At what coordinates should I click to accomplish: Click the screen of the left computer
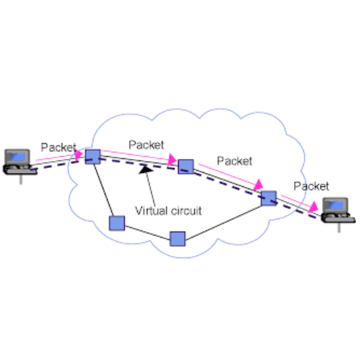(18, 157)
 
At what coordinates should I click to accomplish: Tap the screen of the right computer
(336, 205)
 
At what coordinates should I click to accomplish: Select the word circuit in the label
(186, 211)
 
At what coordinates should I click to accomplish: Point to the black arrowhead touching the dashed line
(146, 169)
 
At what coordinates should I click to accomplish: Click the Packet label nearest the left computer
(58, 148)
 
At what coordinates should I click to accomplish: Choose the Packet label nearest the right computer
(311, 186)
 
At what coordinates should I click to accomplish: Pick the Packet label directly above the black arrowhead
(146, 145)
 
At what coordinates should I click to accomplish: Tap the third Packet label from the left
(235, 161)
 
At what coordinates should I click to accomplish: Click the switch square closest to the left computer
(93, 157)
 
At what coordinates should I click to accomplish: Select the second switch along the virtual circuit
(186, 167)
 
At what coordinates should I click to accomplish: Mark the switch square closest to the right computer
(269, 198)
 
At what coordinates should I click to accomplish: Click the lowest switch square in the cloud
(177, 239)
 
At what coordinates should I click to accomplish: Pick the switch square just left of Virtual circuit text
(117, 223)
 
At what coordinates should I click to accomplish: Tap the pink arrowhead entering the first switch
(79, 155)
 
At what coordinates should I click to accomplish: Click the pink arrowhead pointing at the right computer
(314, 207)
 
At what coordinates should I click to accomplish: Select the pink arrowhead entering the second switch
(172, 160)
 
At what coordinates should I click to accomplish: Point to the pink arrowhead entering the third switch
(258, 185)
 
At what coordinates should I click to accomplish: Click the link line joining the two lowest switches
(147, 233)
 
